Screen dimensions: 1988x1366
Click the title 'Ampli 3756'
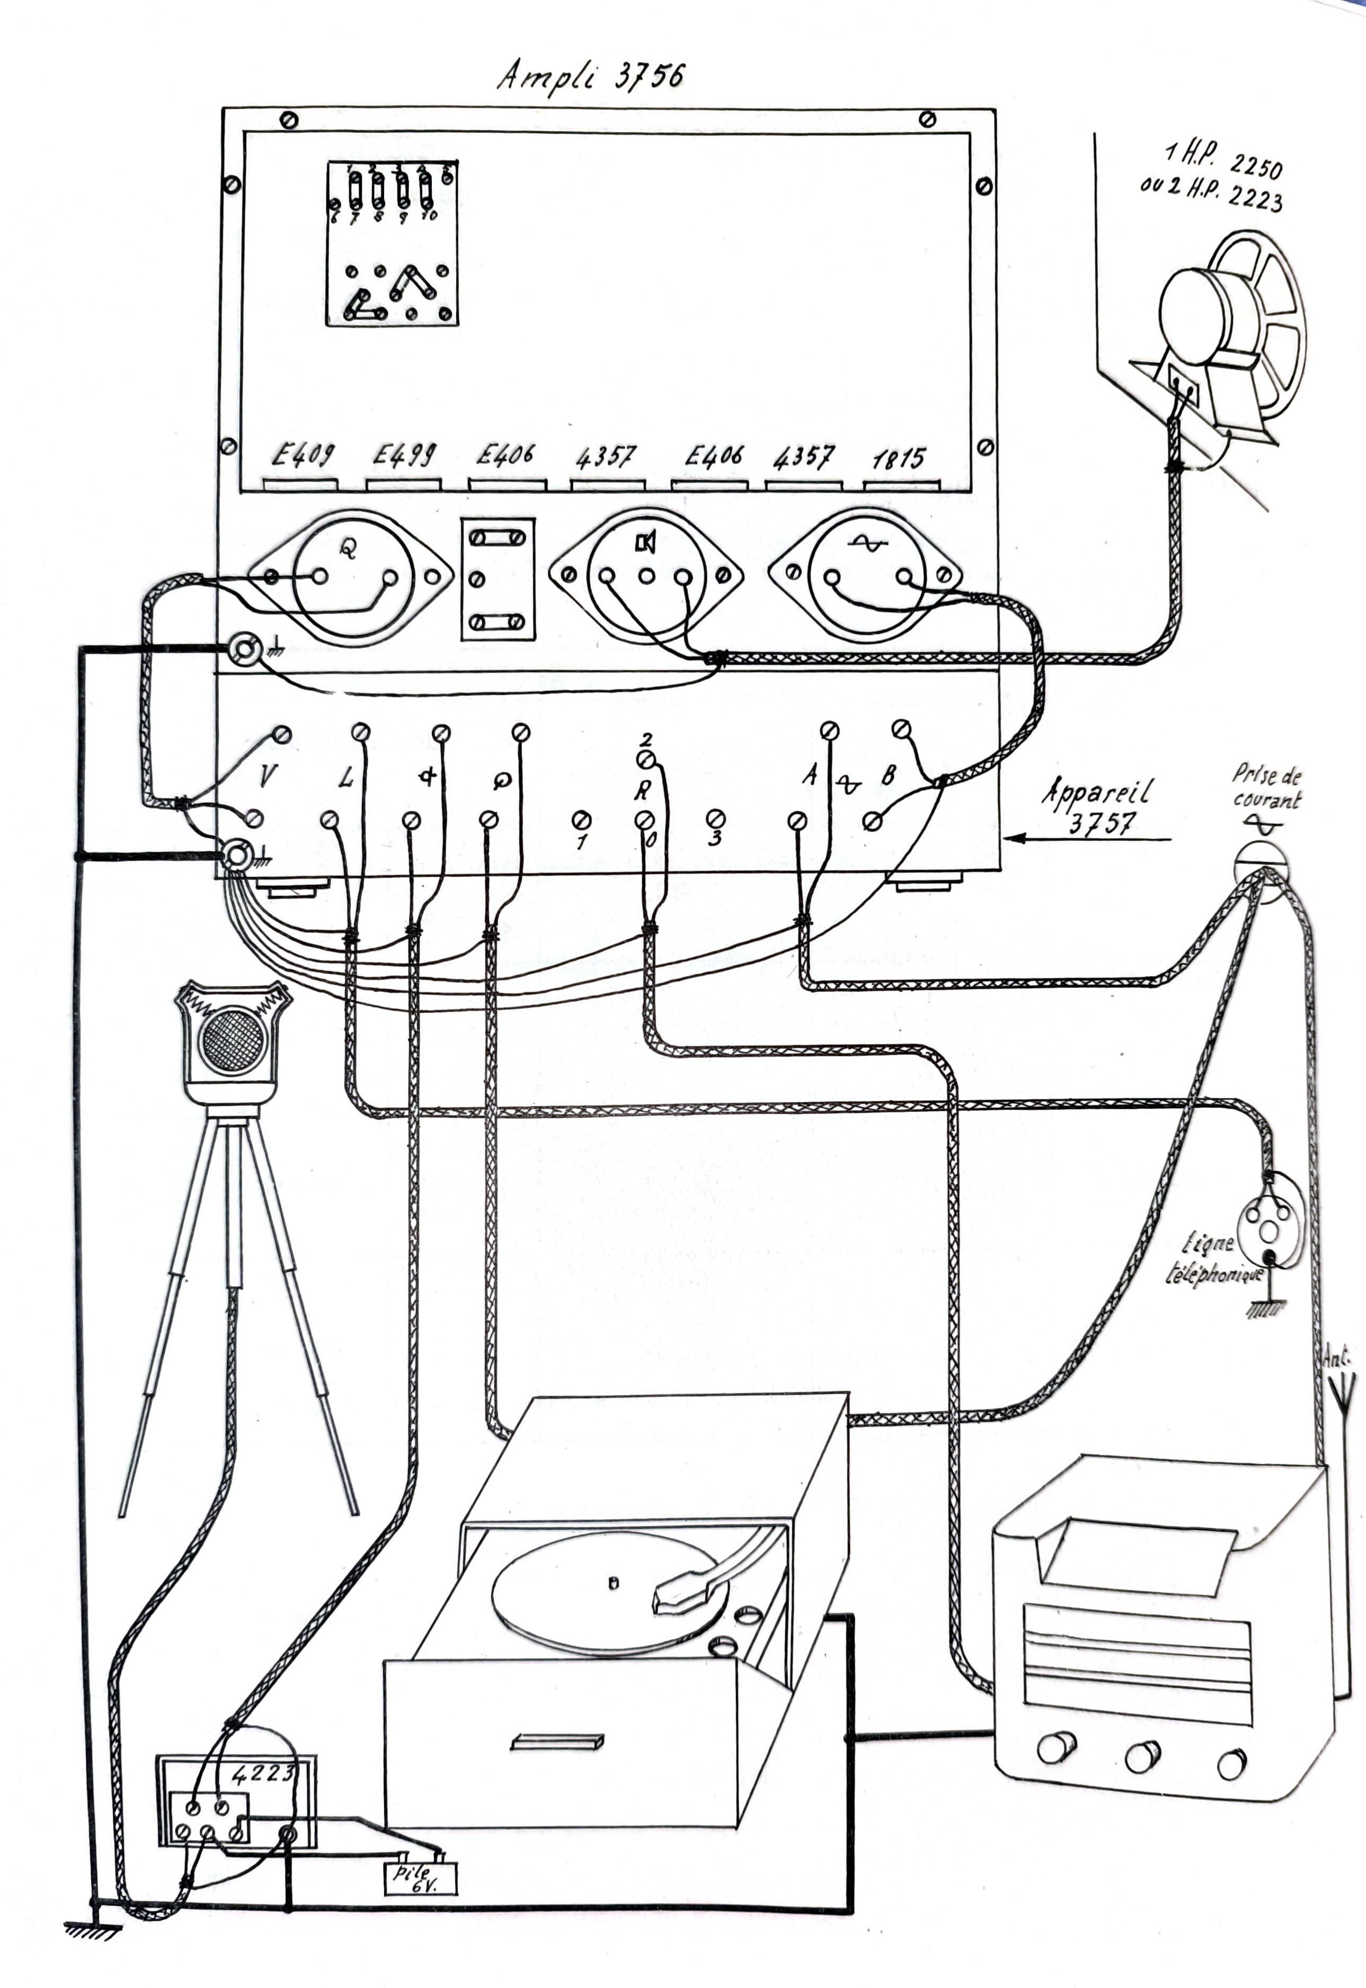pos(591,76)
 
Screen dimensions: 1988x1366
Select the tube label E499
pos(403,455)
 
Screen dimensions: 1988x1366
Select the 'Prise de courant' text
pos(1267,787)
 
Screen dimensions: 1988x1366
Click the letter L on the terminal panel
pos(346,777)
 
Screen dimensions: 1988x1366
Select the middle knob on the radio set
pos(1142,1757)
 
